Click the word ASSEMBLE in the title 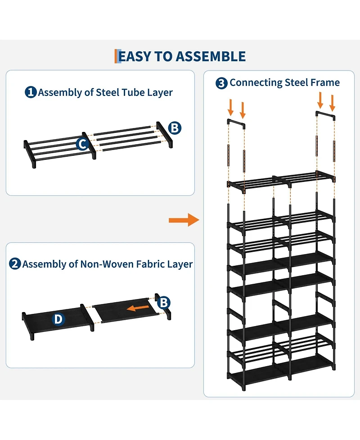211,57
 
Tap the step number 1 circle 31,93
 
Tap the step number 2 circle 15,264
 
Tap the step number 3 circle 221,83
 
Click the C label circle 82,144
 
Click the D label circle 58,319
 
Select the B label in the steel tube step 175,128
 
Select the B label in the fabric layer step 165,302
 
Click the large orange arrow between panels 184,220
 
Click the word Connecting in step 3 256,83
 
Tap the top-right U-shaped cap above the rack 326,115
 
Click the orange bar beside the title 116,57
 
